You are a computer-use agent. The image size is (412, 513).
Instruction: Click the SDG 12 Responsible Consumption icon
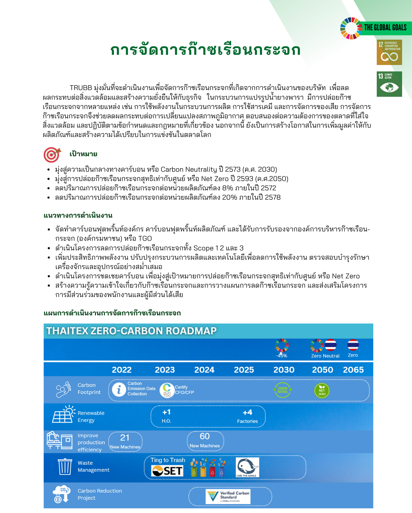click(x=389, y=52)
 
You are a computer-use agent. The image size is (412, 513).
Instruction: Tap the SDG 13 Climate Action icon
click(x=389, y=84)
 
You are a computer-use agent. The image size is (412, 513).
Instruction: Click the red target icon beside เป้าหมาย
click(x=52, y=154)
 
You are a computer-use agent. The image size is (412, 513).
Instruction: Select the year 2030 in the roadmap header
click(x=284, y=370)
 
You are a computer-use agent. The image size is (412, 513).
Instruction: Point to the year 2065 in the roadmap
click(x=353, y=370)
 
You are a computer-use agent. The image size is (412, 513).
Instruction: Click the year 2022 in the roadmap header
click(x=122, y=370)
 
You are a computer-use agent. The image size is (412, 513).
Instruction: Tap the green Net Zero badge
click(x=322, y=391)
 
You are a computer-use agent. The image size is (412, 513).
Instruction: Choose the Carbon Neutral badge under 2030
click(x=282, y=390)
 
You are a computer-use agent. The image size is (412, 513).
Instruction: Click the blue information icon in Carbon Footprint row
click(x=119, y=390)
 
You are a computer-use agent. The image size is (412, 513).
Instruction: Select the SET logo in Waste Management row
click(x=167, y=471)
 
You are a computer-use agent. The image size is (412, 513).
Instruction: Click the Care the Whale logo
click(x=247, y=468)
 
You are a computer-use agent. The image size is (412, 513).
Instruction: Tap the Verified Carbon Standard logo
click(x=228, y=496)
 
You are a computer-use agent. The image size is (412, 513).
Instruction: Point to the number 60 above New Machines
click(x=205, y=436)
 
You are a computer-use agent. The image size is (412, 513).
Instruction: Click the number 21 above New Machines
click(x=125, y=438)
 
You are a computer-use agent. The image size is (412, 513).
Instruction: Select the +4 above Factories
click(x=247, y=412)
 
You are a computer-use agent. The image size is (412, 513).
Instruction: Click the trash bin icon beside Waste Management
click(x=65, y=467)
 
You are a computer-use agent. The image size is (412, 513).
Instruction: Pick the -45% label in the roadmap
click(x=282, y=356)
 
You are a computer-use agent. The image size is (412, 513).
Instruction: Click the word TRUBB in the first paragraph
click(x=81, y=88)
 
